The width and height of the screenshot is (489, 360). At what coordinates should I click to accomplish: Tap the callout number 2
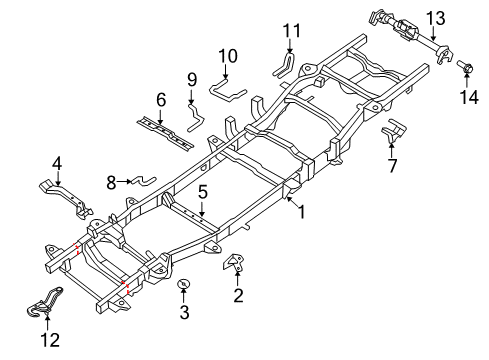click(x=238, y=295)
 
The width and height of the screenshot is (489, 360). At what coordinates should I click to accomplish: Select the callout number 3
click(x=184, y=313)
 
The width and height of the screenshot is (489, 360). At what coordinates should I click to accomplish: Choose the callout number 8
click(x=112, y=181)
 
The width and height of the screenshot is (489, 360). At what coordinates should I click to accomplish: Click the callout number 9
click(x=191, y=79)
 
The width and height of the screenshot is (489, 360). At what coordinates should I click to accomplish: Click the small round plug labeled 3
click(x=184, y=287)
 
